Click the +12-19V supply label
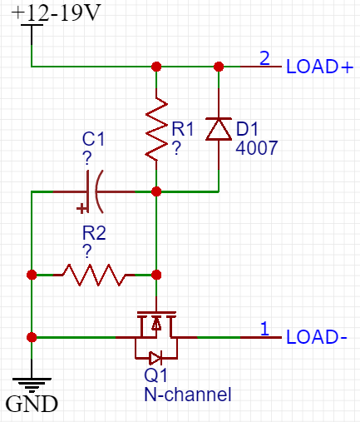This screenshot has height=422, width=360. [56, 12]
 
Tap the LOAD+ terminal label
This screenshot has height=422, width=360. [319, 67]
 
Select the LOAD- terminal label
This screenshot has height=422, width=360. [317, 337]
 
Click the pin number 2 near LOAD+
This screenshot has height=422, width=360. [264, 58]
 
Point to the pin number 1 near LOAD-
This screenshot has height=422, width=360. [264, 329]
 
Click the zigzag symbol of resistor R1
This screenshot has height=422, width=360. [156, 129]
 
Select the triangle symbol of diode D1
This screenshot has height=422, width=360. [219, 129]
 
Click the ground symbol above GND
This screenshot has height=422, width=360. [32, 385]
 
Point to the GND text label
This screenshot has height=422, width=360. [32, 404]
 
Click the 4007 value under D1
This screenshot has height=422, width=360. [257, 147]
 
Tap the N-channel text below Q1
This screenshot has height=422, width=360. [188, 395]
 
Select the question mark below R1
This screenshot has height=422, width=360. [177, 147]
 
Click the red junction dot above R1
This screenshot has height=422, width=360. [156, 67]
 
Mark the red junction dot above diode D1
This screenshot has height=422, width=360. [219, 67]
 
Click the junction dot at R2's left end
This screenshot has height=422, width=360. [32, 275]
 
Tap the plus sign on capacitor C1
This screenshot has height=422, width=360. [81, 208]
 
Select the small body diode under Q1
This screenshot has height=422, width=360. [155, 358]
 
